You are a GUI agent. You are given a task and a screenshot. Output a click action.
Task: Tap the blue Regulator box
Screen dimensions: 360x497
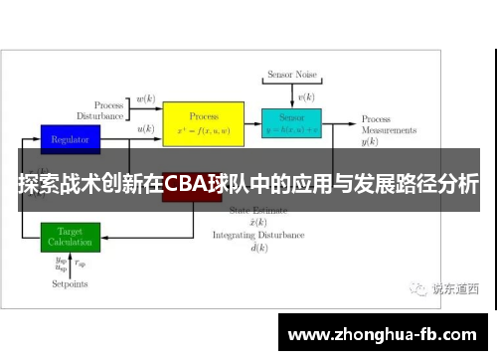click(x=70, y=139)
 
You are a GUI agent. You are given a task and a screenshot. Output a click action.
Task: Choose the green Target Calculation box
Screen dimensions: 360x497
click(x=70, y=237)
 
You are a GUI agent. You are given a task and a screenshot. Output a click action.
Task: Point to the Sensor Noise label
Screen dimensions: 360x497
click(x=291, y=76)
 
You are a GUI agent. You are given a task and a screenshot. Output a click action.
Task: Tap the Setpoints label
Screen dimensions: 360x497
click(x=70, y=283)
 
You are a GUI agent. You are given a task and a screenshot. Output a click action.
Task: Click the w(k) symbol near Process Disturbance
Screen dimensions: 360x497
click(x=145, y=99)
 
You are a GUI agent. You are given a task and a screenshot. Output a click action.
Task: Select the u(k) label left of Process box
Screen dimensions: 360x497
click(x=145, y=129)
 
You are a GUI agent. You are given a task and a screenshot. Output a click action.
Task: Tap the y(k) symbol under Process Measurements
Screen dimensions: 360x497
click(x=370, y=142)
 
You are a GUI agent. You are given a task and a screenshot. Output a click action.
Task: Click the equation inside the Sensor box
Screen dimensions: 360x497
click(x=291, y=130)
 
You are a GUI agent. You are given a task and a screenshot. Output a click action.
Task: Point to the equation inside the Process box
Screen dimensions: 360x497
click(x=203, y=130)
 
